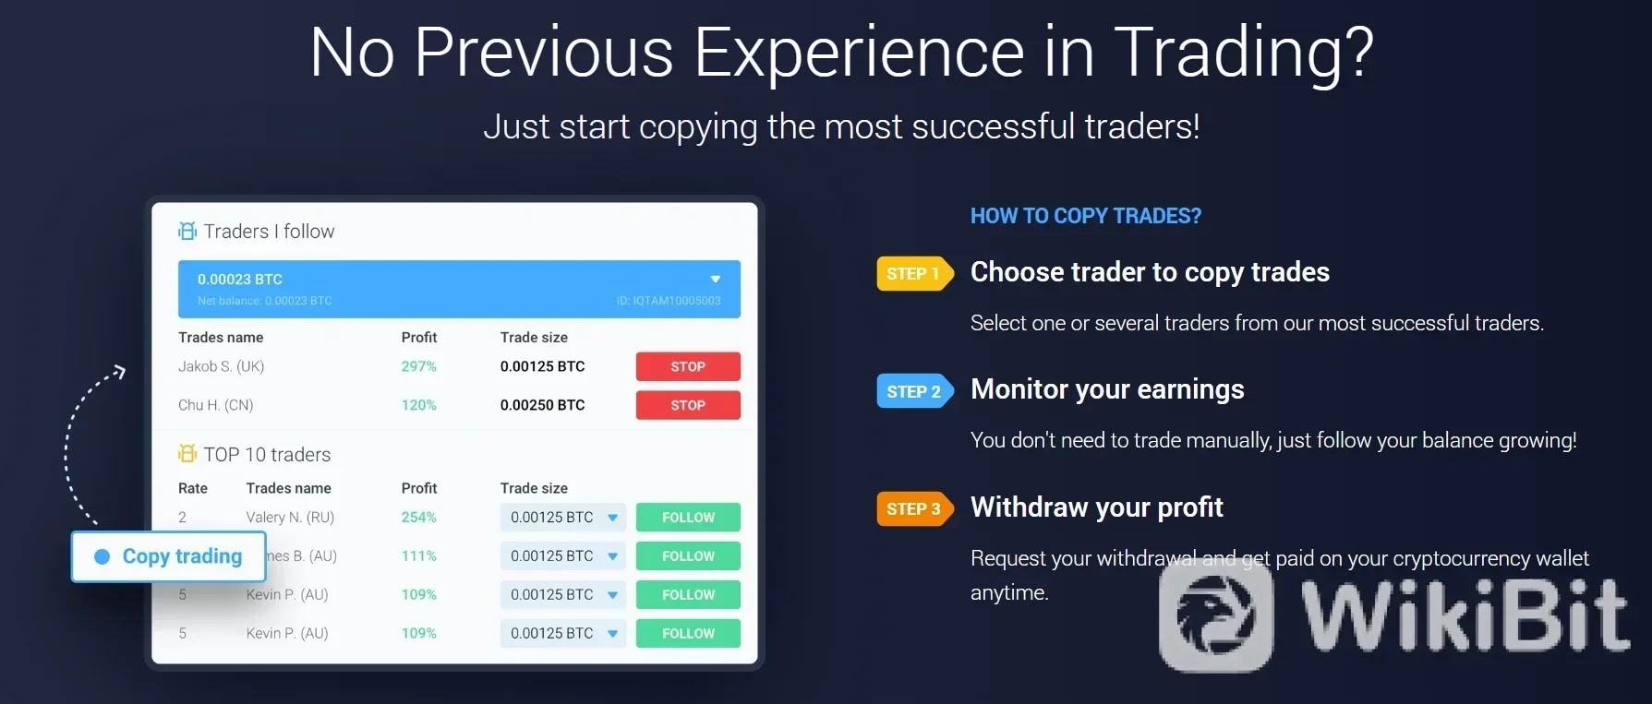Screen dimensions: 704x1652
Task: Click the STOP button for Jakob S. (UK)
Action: (688, 366)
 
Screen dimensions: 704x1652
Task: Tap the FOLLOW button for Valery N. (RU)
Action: (688, 518)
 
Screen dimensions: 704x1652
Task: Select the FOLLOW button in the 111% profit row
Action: (688, 556)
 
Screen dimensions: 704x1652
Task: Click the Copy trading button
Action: (169, 556)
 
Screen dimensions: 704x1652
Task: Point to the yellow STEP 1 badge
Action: (912, 273)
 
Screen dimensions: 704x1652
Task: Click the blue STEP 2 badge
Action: (913, 391)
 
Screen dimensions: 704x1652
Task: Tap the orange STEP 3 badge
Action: (913, 508)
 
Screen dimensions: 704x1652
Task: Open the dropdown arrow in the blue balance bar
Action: (715, 280)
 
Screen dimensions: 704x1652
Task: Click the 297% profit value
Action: (418, 366)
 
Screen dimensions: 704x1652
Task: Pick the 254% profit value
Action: (418, 518)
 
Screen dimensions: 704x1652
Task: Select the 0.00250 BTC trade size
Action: (542, 405)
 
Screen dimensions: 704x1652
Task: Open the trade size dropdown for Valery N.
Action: (612, 518)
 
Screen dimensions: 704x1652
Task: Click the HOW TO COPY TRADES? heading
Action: (1085, 216)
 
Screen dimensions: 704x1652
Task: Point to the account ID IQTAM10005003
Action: (669, 301)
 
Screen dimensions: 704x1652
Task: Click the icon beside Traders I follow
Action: (187, 231)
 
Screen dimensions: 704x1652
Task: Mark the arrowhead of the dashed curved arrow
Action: (119, 371)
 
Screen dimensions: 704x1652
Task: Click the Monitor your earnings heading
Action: (1107, 389)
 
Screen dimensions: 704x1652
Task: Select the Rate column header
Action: (193, 488)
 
